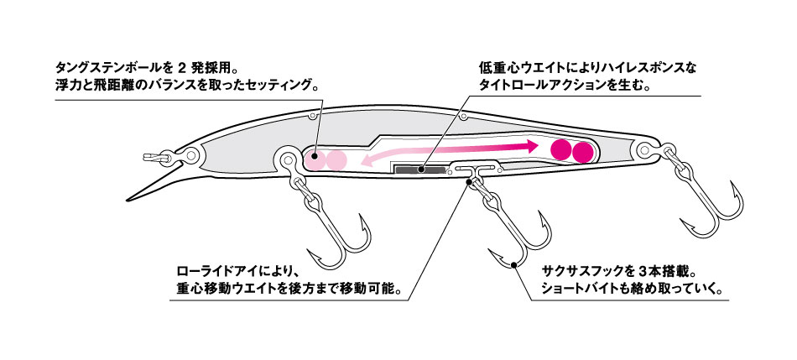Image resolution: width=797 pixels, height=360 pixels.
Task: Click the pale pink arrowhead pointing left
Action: click(367, 159)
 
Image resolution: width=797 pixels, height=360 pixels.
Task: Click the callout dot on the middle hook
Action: click(514, 267)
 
